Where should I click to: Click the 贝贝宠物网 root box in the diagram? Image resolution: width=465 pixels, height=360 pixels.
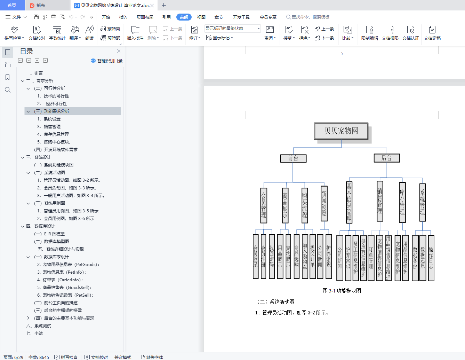click(x=341, y=131)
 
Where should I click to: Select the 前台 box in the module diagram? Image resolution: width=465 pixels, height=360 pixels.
click(x=293, y=158)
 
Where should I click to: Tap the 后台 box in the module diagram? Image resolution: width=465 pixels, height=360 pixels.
click(x=387, y=158)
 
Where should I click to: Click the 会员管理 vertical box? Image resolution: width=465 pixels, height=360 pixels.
click(x=263, y=205)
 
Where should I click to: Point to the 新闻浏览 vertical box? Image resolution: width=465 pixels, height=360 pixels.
click(x=324, y=203)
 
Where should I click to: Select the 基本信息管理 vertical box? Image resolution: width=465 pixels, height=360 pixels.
click(x=349, y=202)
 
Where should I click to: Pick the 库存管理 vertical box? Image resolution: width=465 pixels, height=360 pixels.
click(x=402, y=202)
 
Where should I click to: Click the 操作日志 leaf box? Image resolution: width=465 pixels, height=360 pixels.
click(x=431, y=258)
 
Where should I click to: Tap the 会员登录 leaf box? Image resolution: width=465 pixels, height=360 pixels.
click(x=256, y=256)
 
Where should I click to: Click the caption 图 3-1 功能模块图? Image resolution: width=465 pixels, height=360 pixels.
click(x=342, y=291)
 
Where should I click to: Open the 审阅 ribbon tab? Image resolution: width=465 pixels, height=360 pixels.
click(x=184, y=17)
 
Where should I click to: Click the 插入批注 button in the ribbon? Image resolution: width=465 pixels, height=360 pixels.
click(x=135, y=33)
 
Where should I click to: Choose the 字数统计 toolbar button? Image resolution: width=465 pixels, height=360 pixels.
click(x=57, y=33)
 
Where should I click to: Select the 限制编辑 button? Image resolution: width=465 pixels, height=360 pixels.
click(x=369, y=33)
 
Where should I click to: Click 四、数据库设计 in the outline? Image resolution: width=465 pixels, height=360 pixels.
click(x=40, y=226)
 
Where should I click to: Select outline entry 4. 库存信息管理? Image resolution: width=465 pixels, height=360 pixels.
click(x=53, y=134)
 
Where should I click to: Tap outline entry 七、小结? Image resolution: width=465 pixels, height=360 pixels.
click(x=34, y=334)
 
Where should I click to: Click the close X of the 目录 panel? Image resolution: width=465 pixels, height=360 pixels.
click(x=119, y=51)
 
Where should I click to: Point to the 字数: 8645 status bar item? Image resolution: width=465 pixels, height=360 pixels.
click(x=39, y=357)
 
